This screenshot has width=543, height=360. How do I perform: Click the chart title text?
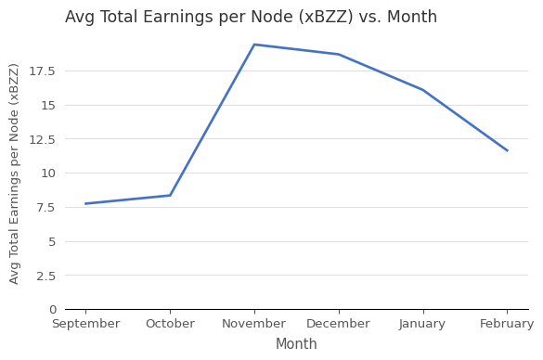(251, 18)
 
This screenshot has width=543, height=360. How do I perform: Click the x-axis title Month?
(296, 344)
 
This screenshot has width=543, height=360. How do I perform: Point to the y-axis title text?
(15, 174)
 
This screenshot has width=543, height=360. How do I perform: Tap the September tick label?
(85, 324)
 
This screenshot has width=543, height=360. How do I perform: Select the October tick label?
(170, 324)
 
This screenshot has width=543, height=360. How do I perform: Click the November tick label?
(254, 324)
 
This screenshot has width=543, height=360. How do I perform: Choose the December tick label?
(339, 324)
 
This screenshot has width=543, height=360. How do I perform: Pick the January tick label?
(423, 324)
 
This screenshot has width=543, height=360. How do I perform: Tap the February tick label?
(507, 324)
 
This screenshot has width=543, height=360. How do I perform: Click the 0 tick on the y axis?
(52, 310)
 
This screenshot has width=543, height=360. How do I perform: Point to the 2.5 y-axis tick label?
(46, 276)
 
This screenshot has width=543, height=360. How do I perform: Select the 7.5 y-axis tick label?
(46, 207)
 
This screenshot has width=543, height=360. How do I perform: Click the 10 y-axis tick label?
(48, 174)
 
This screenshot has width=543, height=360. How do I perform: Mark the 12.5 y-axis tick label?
(43, 139)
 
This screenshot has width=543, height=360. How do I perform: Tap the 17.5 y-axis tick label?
(43, 71)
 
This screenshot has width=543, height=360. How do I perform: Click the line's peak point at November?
(254, 45)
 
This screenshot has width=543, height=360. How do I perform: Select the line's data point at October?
(170, 195)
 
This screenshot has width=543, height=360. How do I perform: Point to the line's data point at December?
(339, 55)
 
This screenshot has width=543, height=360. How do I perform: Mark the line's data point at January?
(423, 90)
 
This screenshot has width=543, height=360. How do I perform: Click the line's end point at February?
(507, 150)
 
